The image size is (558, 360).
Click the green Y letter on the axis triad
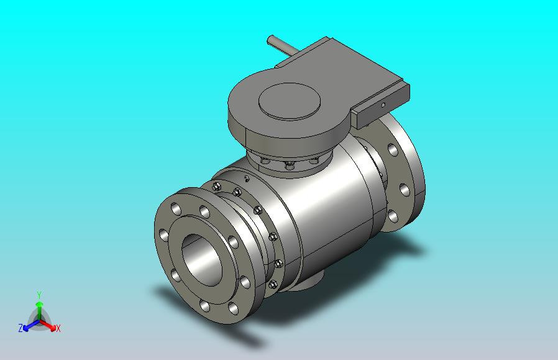pos(39,295)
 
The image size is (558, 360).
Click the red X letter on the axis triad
pos(58,328)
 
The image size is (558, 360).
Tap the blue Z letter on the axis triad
pos(21,328)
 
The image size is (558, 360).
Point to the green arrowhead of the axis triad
pos(39,304)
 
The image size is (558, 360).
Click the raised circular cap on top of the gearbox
pos(289,101)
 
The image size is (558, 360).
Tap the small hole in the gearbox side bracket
pos(383,104)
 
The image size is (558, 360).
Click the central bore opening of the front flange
pos(202,260)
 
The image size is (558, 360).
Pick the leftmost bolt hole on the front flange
pos(163,236)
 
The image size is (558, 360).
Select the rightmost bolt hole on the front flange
pos(245,282)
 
